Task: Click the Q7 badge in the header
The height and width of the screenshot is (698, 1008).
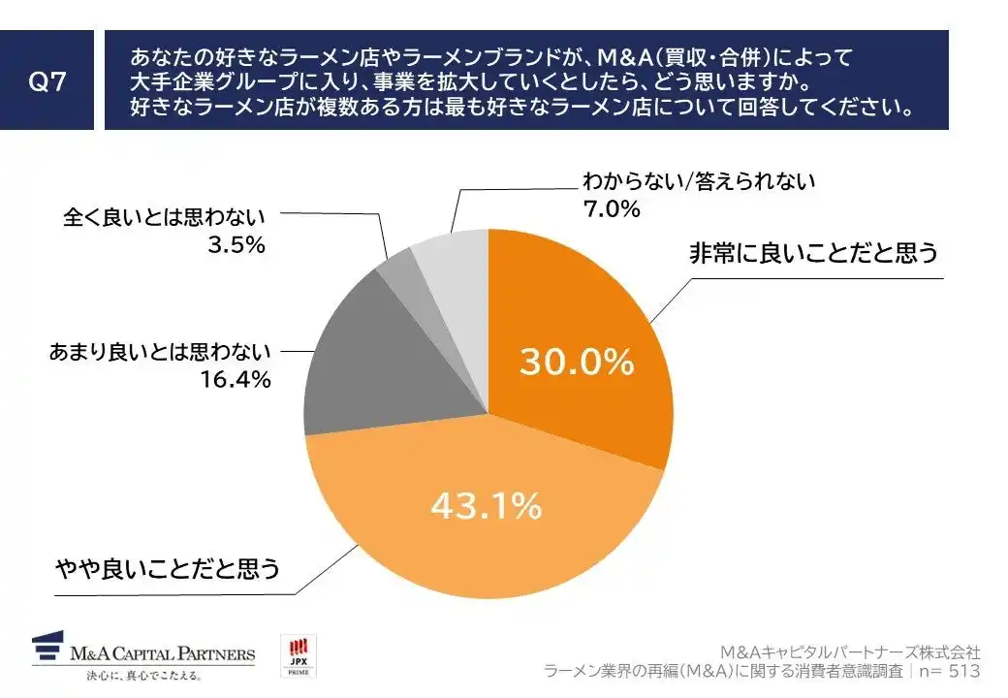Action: [x=47, y=80]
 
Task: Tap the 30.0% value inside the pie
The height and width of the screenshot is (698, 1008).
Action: [x=577, y=362]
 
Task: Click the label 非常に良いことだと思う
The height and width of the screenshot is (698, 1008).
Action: [x=813, y=254]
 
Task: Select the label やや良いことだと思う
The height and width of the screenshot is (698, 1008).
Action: [x=167, y=568]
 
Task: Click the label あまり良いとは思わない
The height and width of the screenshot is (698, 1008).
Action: [x=161, y=353]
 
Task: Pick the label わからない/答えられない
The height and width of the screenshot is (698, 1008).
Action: [x=699, y=180]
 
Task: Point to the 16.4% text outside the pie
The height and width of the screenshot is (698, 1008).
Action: [x=237, y=380]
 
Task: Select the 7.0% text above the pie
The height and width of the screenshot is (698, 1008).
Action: [x=611, y=207]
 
